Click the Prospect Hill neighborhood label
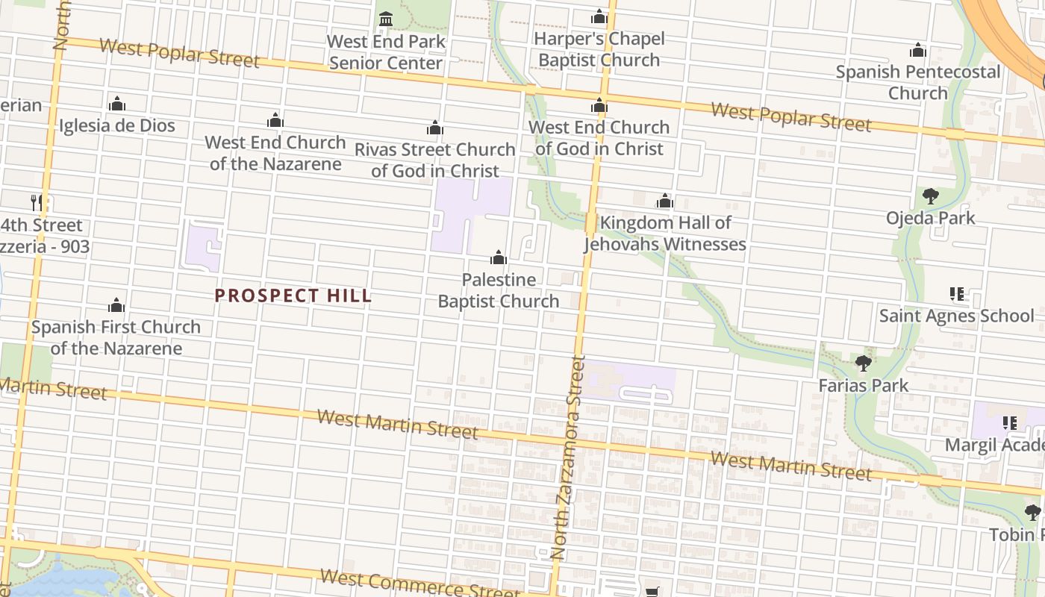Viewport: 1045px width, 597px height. (x=293, y=296)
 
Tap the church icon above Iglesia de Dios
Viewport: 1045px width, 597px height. (x=117, y=104)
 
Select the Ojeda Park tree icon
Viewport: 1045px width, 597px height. (x=930, y=196)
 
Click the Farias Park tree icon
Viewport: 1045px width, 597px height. (x=864, y=363)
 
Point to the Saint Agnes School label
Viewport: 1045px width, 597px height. (x=956, y=316)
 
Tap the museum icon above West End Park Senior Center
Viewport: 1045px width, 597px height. (x=386, y=19)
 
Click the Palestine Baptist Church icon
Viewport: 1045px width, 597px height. (x=499, y=258)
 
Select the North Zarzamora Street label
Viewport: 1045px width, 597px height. (x=568, y=457)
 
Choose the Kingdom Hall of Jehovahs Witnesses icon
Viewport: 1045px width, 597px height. (x=665, y=201)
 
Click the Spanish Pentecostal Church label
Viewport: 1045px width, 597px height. (x=917, y=82)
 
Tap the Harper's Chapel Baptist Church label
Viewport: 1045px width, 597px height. (x=599, y=49)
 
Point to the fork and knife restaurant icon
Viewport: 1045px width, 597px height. (x=36, y=201)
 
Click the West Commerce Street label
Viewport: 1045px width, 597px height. (x=418, y=584)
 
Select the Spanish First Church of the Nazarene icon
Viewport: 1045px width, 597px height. (x=116, y=305)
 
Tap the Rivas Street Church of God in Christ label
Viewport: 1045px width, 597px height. (x=434, y=160)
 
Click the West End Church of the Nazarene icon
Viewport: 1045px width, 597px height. (x=275, y=120)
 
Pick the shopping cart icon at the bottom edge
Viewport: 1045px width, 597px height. (x=653, y=591)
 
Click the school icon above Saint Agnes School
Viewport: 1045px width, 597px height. (x=956, y=294)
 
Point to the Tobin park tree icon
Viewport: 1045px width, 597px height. (x=1032, y=513)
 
